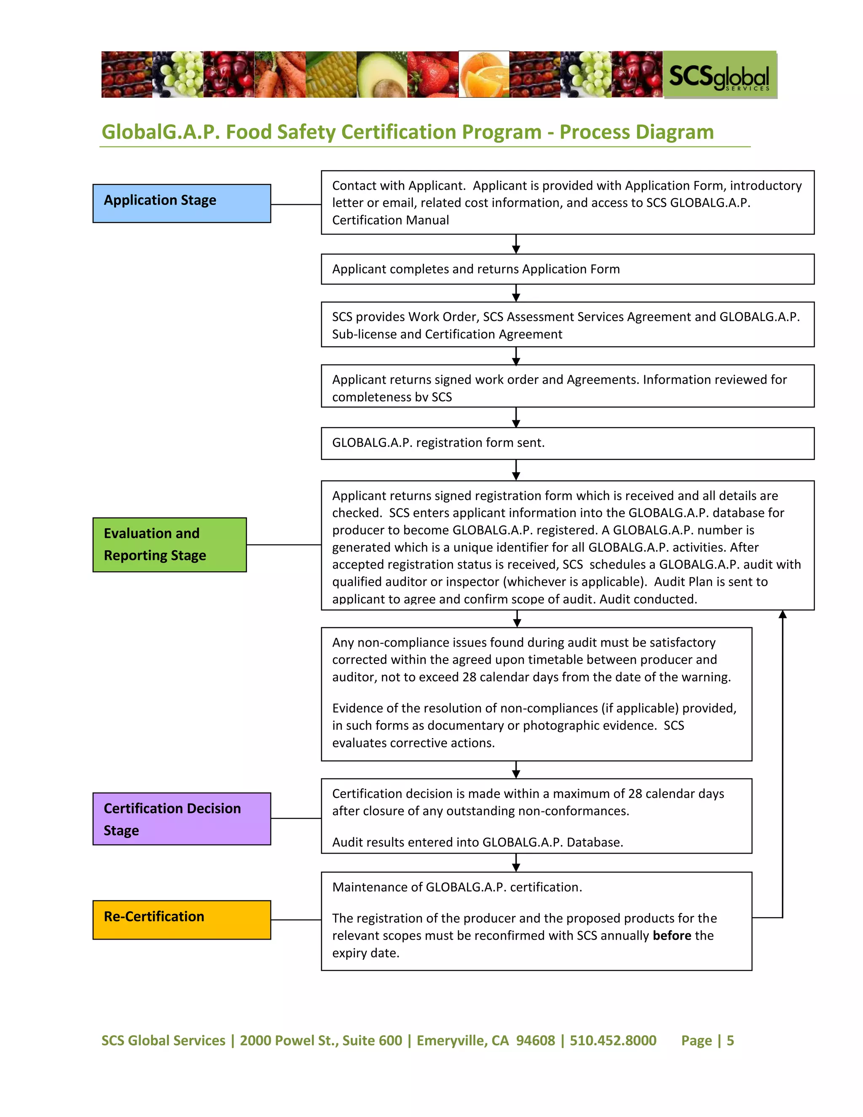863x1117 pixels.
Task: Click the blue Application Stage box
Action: [x=182, y=204]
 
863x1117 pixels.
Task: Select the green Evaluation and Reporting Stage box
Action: [x=169, y=545]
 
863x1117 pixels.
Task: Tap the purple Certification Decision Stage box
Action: [x=182, y=819]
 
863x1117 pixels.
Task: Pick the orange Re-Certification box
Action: [x=182, y=920]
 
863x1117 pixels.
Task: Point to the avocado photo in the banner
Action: [x=381, y=75]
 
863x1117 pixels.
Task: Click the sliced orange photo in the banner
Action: [x=484, y=75]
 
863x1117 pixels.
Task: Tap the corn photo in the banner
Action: [x=331, y=75]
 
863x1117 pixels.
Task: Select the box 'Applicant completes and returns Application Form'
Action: [x=567, y=269]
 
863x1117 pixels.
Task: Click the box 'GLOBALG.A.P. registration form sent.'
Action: [x=567, y=443]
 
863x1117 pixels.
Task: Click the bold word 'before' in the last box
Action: [x=671, y=935]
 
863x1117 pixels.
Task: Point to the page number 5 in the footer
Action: [x=730, y=1040]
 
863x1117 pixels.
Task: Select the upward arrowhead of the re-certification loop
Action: [x=782, y=615]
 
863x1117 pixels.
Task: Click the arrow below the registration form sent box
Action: [x=516, y=470]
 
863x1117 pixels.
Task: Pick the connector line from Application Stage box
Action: [x=295, y=204]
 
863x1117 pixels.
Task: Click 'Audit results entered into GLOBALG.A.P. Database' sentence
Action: [x=477, y=842]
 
